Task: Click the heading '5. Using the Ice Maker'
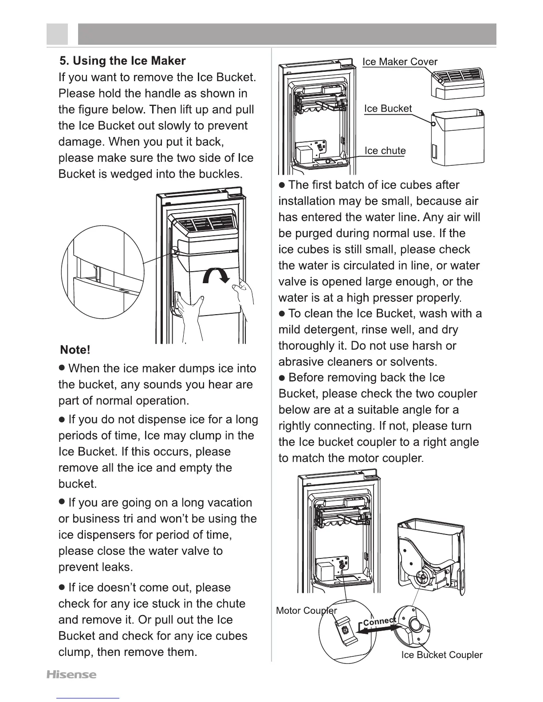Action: tap(122, 61)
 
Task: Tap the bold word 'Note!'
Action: tap(75, 350)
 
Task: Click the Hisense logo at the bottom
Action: tap(71, 675)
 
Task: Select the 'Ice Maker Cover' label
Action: tap(400, 62)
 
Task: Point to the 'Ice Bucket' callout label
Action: tap(388, 109)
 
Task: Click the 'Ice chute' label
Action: tap(385, 151)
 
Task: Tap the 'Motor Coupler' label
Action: tap(306, 611)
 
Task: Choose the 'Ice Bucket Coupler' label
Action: tap(441, 655)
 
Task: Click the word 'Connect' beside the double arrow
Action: tap(379, 621)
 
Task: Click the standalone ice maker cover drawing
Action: tap(457, 83)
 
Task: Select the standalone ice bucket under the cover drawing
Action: tap(457, 137)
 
